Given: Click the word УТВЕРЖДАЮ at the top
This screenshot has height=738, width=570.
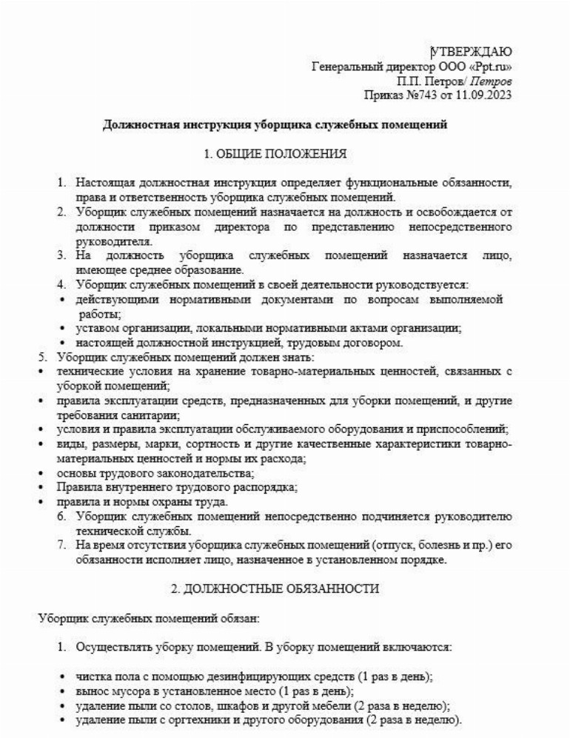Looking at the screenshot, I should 471,51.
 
